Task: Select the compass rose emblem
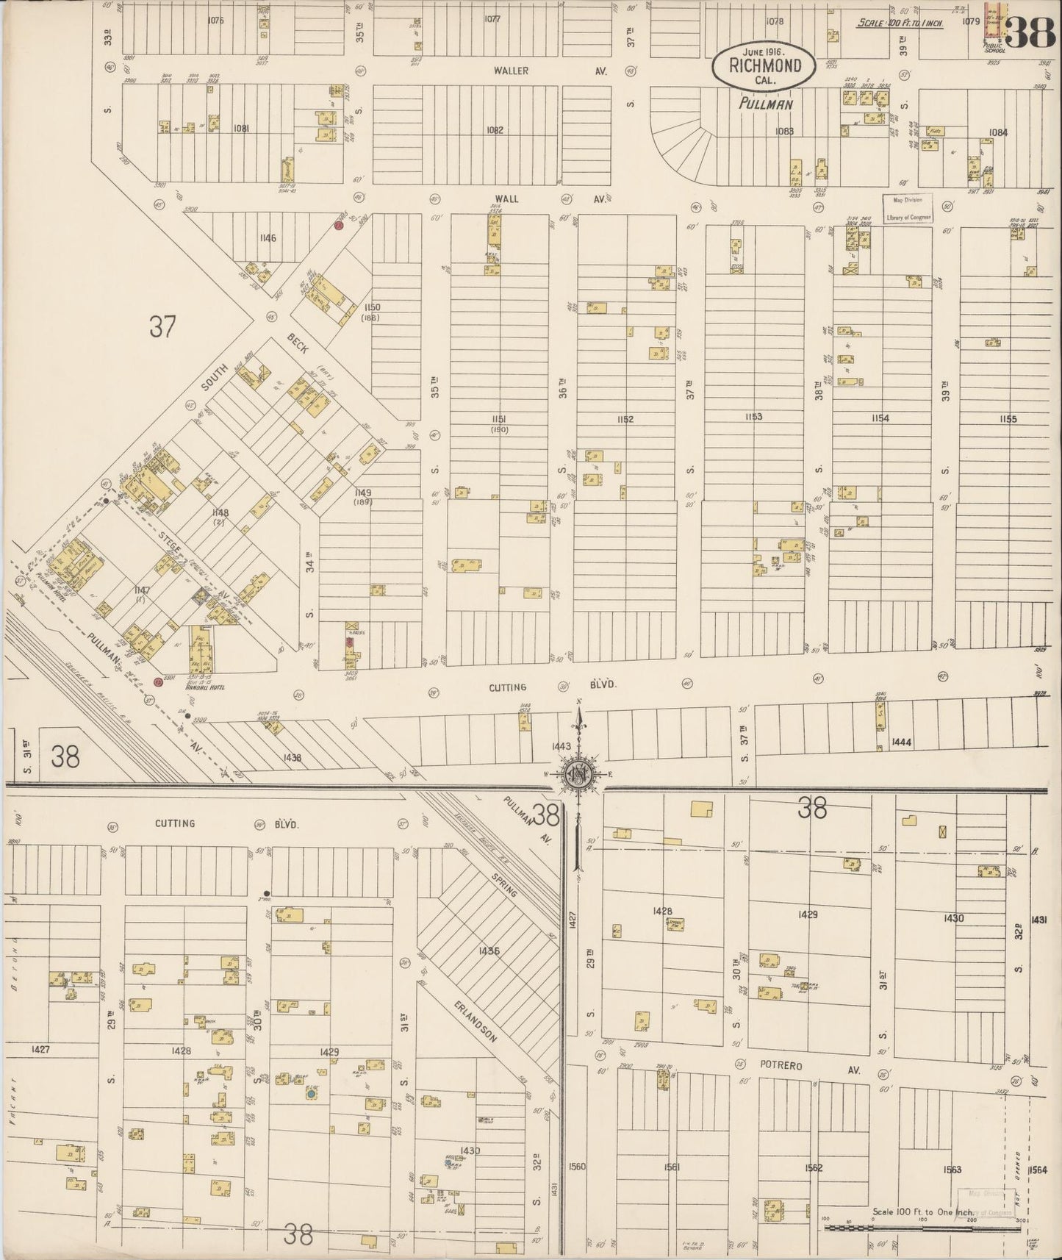click(x=579, y=775)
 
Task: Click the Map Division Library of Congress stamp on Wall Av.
click(x=907, y=208)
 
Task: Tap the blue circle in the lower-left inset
click(x=312, y=1094)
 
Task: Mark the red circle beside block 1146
click(x=339, y=226)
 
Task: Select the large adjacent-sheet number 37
click(x=162, y=326)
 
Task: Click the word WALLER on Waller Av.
click(x=511, y=71)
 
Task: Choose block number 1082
click(x=495, y=130)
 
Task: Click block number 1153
click(x=753, y=417)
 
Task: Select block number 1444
click(x=900, y=742)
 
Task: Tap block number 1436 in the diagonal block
click(x=489, y=951)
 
